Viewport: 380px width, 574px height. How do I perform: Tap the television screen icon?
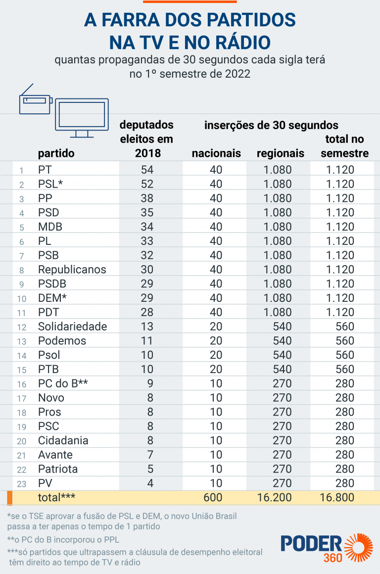pos(82,116)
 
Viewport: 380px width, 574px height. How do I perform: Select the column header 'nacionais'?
pos(216,153)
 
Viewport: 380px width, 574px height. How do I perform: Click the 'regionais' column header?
pos(280,153)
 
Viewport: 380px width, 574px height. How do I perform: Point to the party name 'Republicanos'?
pos(72,270)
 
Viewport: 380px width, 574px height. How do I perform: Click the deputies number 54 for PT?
pos(147,170)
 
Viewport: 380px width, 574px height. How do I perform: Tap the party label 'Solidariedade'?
pos(73,327)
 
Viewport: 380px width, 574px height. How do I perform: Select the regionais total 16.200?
pos(274,497)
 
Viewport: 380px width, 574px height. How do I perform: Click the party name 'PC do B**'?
pos(63,383)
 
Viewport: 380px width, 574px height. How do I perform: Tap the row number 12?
pos(21,327)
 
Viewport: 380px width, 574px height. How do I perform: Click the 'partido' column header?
pos(56,153)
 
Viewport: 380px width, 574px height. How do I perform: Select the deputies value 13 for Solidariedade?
pos(147,327)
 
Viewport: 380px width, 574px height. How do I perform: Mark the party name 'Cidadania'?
pos(63,440)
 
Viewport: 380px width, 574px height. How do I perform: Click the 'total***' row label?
pos(56,497)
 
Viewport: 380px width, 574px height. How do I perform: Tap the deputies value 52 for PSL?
pos(147,184)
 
